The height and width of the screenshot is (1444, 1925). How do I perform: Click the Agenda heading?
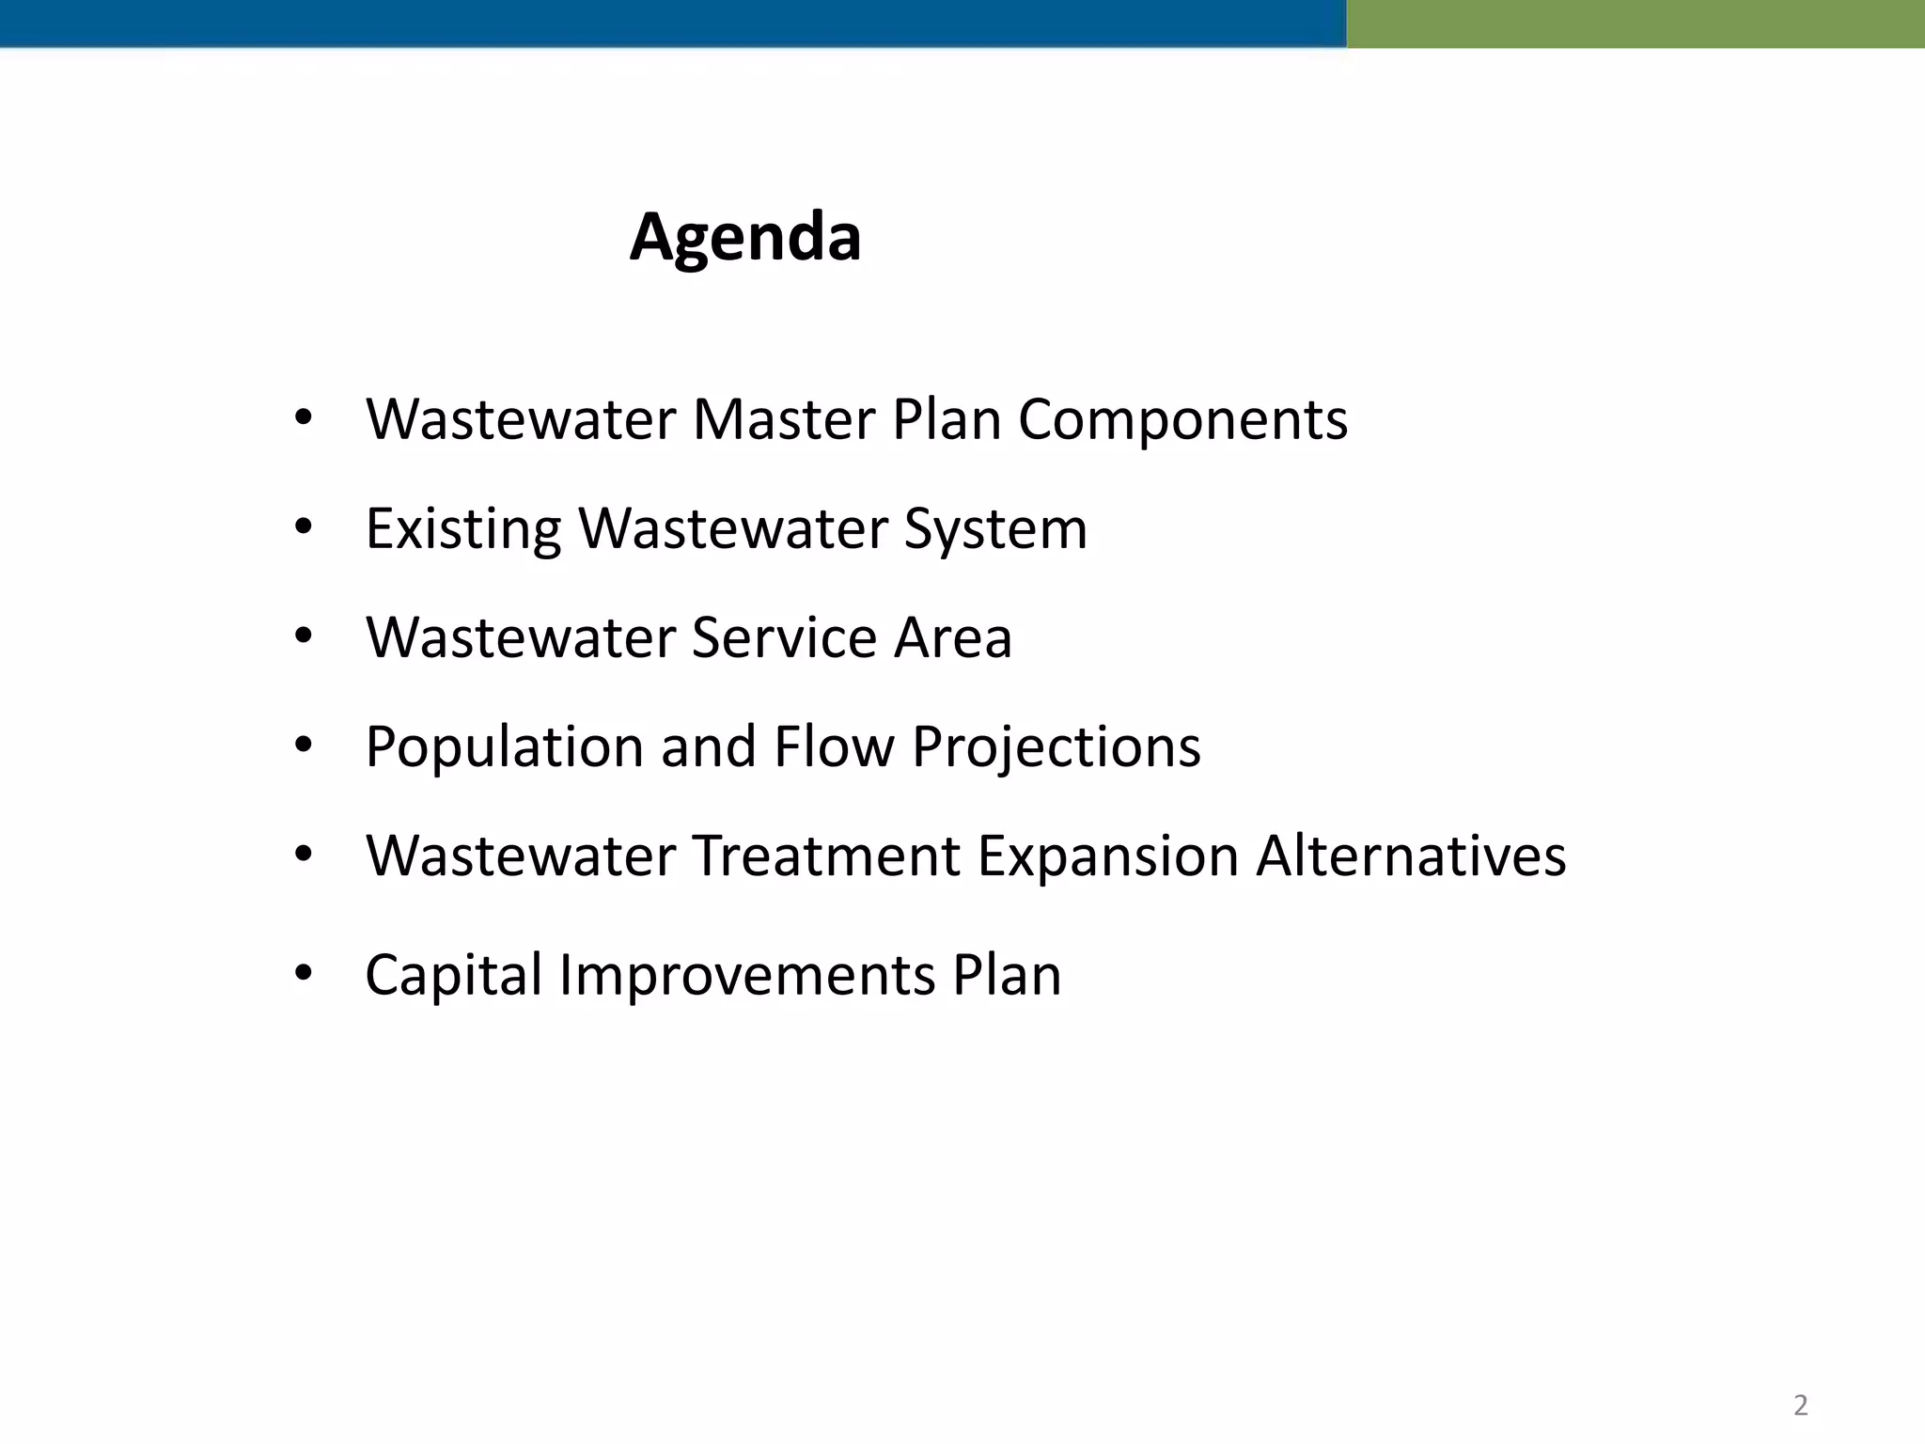745,237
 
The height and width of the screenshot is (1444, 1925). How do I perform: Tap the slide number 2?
1800,1405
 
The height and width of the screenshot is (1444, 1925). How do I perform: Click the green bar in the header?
1635,24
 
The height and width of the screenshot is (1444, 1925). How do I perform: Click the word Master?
783,419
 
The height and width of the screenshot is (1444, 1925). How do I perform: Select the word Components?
1182,421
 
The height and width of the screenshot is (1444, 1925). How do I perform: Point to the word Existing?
462,528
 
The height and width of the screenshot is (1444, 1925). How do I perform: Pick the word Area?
952,637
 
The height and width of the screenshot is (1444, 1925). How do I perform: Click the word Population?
504,748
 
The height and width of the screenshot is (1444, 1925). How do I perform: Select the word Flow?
834,746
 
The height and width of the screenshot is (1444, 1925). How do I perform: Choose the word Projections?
1056,748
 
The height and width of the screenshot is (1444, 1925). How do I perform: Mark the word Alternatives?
1411,855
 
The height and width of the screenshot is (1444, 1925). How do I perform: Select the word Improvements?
747,976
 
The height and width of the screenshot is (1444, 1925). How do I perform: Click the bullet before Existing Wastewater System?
303,527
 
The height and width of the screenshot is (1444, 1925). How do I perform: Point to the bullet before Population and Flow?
303,746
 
